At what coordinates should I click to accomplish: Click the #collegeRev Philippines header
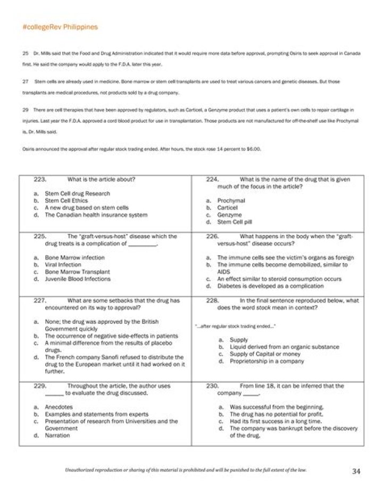pyautogui.click(x=60, y=27)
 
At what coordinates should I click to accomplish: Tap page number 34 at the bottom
pyautogui.click(x=356, y=471)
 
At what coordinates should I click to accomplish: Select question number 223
pyautogui.click(x=40, y=179)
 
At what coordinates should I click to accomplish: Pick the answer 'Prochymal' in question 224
pyautogui.click(x=231, y=201)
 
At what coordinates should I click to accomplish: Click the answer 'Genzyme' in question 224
pyautogui.click(x=229, y=215)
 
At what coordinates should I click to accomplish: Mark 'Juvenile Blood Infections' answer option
pyautogui.click(x=78, y=279)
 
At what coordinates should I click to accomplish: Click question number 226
pyautogui.click(x=213, y=236)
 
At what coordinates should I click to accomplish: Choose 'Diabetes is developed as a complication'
pyautogui.click(x=270, y=286)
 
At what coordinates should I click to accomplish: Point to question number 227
pyautogui.click(x=40, y=300)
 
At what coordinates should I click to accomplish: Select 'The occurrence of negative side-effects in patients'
pyautogui.click(x=111, y=336)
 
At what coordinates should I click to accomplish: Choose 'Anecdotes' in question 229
pyautogui.click(x=59, y=407)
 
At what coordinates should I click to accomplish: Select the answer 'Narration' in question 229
pyautogui.click(x=57, y=435)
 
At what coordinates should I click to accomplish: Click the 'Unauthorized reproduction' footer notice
pyautogui.click(x=186, y=471)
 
